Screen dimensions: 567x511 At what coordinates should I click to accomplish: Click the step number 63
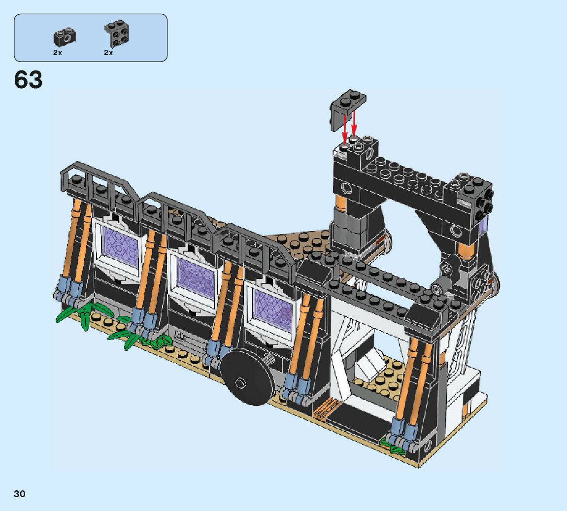click(28, 79)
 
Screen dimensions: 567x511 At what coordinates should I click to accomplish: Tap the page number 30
click(20, 494)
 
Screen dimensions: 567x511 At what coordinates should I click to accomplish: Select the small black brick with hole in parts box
click(65, 36)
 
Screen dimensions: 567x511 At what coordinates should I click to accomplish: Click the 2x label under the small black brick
click(58, 53)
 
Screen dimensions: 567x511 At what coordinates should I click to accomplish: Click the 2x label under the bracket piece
click(108, 53)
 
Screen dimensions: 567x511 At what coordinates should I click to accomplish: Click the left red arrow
click(345, 129)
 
